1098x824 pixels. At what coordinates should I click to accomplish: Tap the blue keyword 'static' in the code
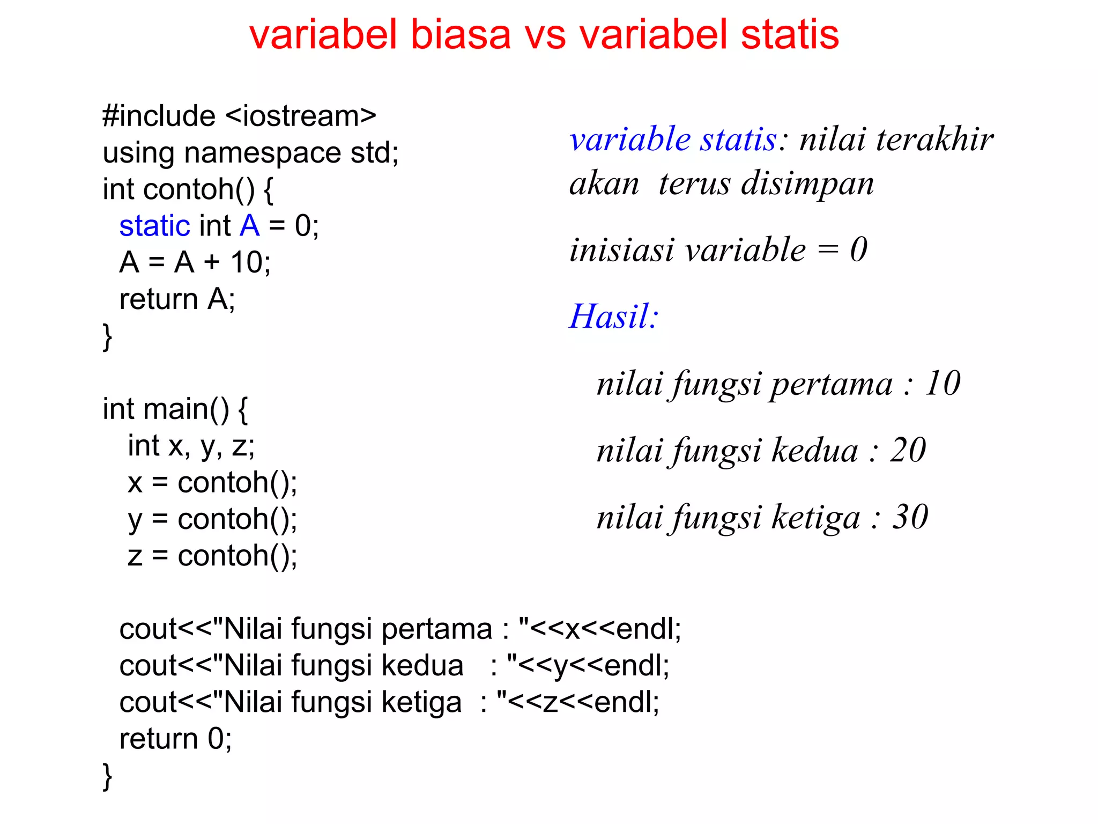point(154,225)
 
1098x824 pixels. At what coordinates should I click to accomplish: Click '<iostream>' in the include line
point(301,116)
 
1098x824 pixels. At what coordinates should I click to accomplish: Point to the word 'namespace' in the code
point(263,153)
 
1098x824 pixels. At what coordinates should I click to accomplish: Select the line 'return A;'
point(177,299)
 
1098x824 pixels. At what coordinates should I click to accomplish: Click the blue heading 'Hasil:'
point(613,316)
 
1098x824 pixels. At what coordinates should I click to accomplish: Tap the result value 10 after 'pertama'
point(943,384)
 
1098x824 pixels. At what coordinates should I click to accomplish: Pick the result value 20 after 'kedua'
point(908,450)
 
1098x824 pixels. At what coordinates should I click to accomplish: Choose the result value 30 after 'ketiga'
point(910,517)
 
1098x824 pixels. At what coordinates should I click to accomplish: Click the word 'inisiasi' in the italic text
point(621,250)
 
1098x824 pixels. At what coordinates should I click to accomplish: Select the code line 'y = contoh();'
point(212,519)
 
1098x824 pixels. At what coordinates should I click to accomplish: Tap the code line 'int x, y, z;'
point(191,446)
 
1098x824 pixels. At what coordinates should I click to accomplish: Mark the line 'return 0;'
point(175,739)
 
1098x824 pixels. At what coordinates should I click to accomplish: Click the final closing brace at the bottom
point(107,776)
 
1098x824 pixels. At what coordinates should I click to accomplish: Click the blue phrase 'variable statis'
point(673,139)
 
